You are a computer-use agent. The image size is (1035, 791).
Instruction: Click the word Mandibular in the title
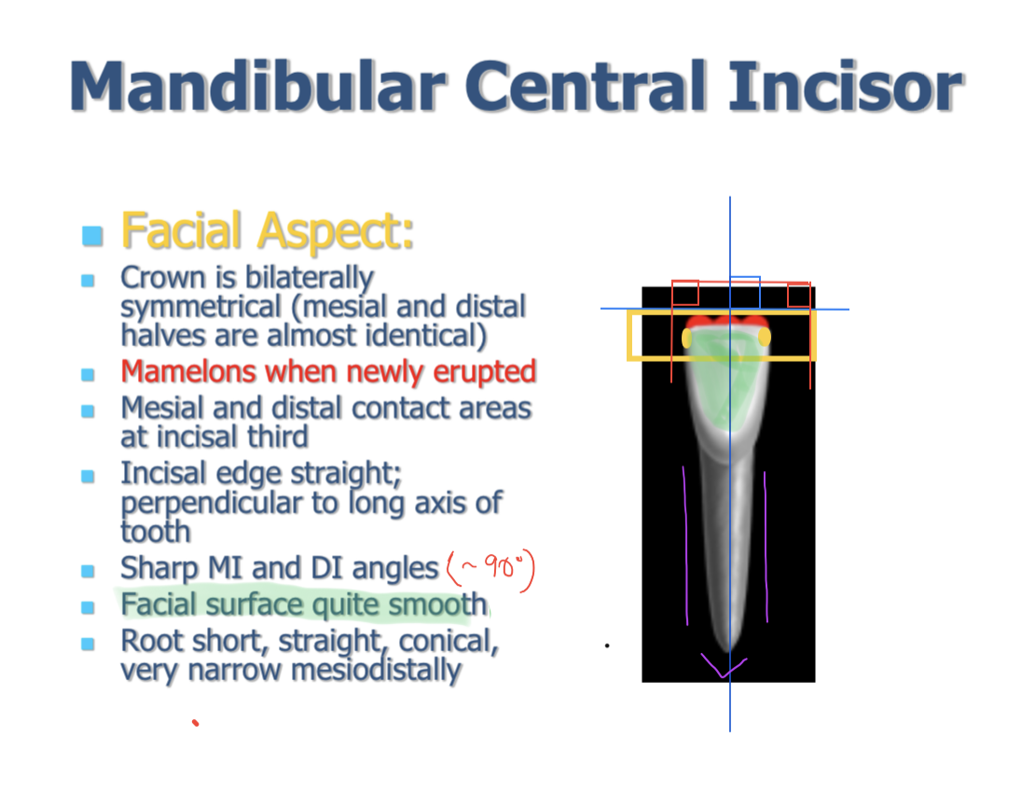pyautogui.click(x=258, y=86)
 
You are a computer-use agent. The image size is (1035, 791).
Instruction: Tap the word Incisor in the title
pyautogui.click(x=846, y=86)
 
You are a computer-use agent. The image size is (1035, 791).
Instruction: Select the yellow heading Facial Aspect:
pyautogui.click(x=268, y=231)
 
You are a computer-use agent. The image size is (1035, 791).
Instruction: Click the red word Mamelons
pyautogui.click(x=188, y=371)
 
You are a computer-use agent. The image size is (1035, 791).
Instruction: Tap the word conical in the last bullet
pyautogui.click(x=448, y=641)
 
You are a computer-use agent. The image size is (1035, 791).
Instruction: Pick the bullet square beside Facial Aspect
pyautogui.click(x=92, y=236)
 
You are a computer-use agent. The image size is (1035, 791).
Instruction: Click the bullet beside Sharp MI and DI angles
pyautogui.click(x=88, y=571)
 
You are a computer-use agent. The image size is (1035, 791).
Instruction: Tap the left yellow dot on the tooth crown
pyautogui.click(x=686, y=338)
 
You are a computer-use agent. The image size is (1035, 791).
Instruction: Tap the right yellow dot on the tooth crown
pyautogui.click(x=765, y=337)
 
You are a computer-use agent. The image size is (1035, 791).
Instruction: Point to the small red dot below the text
pyautogui.click(x=196, y=722)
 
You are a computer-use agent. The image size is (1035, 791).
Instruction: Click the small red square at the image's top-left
pyautogui.click(x=685, y=293)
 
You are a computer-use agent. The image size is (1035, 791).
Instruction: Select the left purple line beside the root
pyautogui.click(x=685, y=546)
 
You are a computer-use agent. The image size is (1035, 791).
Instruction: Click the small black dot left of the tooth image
pyautogui.click(x=607, y=645)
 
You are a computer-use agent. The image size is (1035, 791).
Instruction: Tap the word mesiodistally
pyautogui.click(x=376, y=670)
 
